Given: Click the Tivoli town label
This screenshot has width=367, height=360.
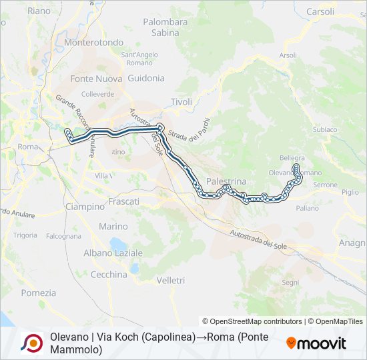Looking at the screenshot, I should (x=181, y=102).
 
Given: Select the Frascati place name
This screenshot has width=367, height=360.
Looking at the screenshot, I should (x=123, y=201).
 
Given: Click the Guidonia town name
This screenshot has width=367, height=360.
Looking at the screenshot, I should (x=145, y=78).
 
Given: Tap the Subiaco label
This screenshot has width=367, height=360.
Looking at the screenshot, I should (x=325, y=129).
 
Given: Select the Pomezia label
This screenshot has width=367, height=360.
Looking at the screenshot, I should (x=39, y=293).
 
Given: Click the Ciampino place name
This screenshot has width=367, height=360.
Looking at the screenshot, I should (x=85, y=207).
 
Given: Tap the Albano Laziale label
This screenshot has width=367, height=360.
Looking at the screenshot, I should (x=113, y=253).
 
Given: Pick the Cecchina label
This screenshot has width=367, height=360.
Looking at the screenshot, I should (x=108, y=275).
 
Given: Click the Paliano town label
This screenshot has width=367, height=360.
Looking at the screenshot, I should (x=307, y=208).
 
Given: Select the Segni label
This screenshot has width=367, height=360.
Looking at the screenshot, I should (x=290, y=283).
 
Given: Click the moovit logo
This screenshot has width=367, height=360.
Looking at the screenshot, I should (x=316, y=343).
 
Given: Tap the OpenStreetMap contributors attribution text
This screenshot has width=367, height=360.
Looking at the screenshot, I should (x=252, y=321).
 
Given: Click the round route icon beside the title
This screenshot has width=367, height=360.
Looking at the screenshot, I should (x=31, y=343).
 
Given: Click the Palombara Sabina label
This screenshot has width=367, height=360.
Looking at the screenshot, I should (x=165, y=27).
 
